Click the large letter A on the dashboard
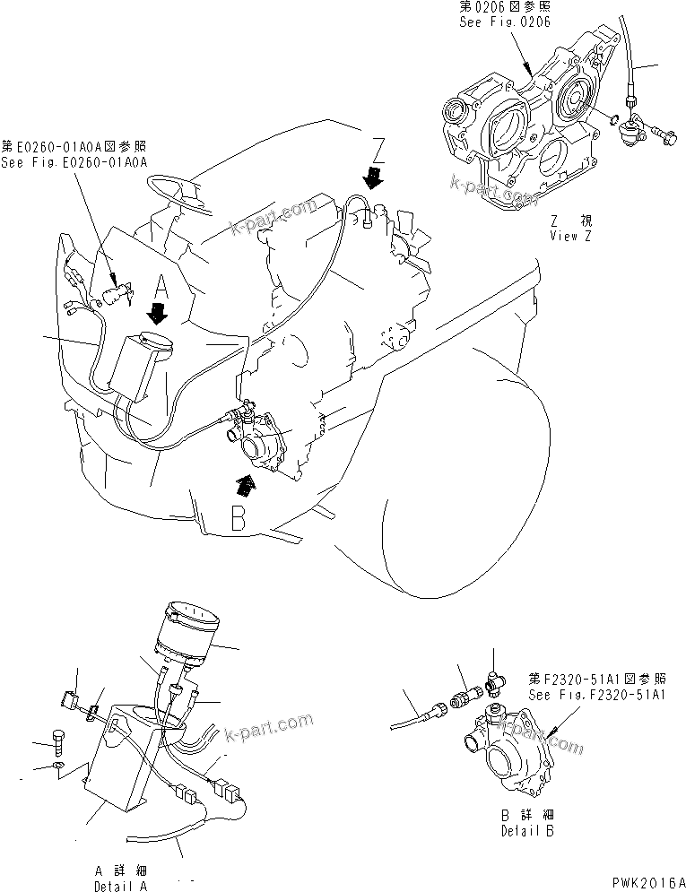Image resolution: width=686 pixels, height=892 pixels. point(161,288)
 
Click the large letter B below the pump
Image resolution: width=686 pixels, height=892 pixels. point(238,517)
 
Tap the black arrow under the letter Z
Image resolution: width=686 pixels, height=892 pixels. point(372,177)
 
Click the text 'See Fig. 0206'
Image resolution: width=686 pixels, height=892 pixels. point(505,22)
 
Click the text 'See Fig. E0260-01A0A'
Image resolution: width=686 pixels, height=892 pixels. point(74,162)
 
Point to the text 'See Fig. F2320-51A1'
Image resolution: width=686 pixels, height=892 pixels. point(596,695)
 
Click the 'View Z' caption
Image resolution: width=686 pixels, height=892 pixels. point(570,236)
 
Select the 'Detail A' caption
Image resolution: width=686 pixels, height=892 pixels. point(120,886)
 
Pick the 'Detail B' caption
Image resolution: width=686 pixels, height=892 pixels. point(527,830)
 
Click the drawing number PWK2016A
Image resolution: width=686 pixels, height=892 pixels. point(649,882)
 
